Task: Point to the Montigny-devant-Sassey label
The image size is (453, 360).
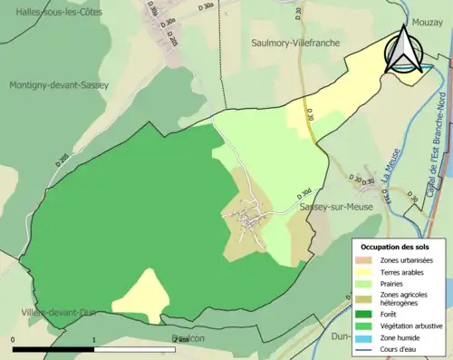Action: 59,85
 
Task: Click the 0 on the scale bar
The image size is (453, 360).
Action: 14,340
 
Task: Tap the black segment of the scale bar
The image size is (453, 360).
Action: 54,349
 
